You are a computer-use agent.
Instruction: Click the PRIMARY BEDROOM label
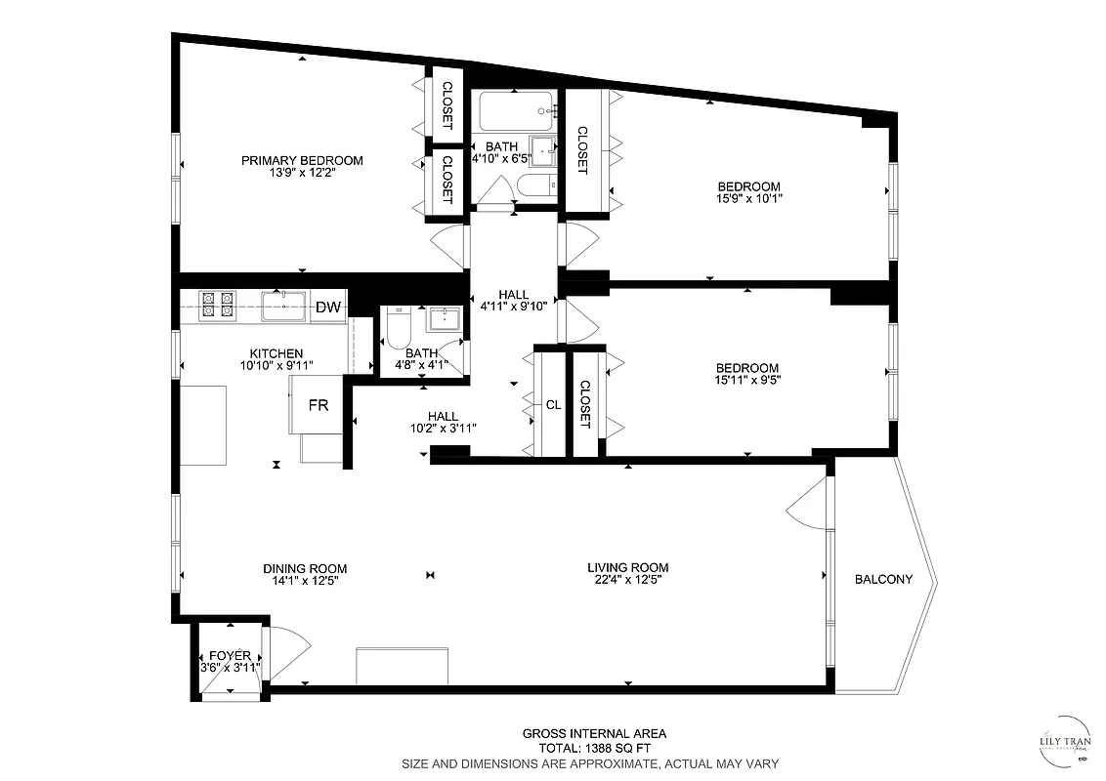click(302, 161)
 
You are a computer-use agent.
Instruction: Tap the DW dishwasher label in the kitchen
click(328, 308)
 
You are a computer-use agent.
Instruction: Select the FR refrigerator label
click(319, 405)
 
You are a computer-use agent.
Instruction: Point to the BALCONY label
click(883, 579)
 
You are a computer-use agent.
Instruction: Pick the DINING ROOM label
click(305, 569)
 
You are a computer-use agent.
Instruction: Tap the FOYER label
click(230, 656)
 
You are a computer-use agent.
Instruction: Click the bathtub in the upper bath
click(513, 111)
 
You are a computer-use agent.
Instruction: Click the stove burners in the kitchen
click(216, 306)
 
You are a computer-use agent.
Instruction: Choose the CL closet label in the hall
click(553, 404)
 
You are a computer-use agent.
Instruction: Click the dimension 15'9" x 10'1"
click(749, 198)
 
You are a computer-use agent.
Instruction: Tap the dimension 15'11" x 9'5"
click(747, 380)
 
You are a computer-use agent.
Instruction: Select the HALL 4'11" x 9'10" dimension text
click(514, 307)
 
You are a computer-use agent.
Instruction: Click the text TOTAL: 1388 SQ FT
click(594, 748)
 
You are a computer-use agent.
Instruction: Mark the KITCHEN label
click(276, 353)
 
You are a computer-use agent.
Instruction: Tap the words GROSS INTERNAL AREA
click(594, 733)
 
